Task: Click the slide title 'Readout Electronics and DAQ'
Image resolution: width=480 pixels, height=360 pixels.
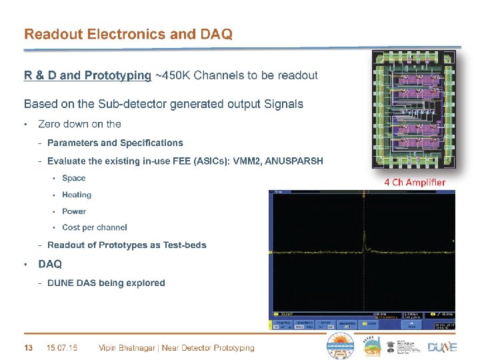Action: pyautogui.click(x=128, y=34)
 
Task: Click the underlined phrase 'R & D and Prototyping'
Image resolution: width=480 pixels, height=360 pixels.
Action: pyautogui.click(x=87, y=75)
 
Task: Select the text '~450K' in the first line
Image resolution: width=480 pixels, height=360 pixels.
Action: pyautogui.click(x=171, y=75)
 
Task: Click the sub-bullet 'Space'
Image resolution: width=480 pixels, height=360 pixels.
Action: pyautogui.click(x=73, y=178)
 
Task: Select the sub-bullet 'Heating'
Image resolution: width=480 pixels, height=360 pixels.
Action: pyautogui.click(x=76, y=195)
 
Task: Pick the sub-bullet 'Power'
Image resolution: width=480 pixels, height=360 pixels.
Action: pyautogui.click(x=73, y=211)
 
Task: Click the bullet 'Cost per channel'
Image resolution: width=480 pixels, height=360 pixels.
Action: pyautogui.click(x=94, y=228)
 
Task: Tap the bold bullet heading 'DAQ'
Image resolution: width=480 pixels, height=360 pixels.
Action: pyautogui.click(x=50, y=264)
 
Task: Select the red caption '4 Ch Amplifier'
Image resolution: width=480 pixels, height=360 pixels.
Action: pyautogui.click(x=415, y=182)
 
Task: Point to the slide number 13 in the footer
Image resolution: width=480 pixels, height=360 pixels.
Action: pyautogui.click(x=28, y=347)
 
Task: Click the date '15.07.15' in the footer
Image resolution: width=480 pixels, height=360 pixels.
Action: pyautogui.click(x=62, y=347)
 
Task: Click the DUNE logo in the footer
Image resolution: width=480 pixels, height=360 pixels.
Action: pyautogui.click(x=442, y=347)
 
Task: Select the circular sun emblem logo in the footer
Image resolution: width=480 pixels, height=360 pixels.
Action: pyautogui.click(x=339, y=346)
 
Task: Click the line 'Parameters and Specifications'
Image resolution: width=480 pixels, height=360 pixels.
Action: pyautogui.click(x=115, y=143)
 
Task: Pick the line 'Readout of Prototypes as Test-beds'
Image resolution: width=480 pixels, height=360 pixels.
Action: pyautogui.click(x=127, y=245)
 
